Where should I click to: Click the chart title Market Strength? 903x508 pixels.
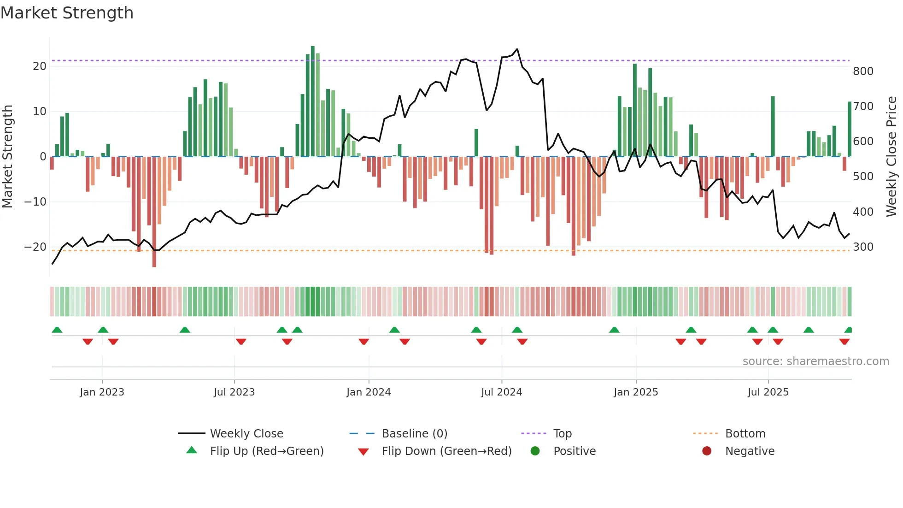tap(67, 13)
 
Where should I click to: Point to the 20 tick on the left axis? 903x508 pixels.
tap(40, 66)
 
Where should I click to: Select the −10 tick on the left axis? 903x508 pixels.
tap(35, 202)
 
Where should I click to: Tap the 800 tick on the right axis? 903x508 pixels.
tap(863, 71)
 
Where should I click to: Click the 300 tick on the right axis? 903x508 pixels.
tap(863, 247)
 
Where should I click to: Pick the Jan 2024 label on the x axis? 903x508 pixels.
tap(369, 392)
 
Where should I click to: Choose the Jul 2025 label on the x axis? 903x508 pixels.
tap(768, 392)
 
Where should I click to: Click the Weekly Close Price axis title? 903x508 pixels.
tap(891, 157)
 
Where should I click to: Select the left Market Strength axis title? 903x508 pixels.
tap(8, 157)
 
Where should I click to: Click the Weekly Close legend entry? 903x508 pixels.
tap(246, 434)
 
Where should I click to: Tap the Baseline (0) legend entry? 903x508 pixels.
tap(414, 434)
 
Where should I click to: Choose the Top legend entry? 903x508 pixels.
tap(562, 434)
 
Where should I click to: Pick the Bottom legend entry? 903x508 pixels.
tap(745, 434)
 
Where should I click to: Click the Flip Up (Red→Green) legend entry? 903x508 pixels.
tap(266, 451)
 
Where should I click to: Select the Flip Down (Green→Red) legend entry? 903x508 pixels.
tap(446, 451)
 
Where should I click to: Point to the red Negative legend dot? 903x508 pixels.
tap(707, 451)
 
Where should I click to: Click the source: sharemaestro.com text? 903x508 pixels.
tap(815, 361)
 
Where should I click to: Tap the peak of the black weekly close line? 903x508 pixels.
tap(517, 49)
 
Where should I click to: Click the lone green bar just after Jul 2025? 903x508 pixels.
tap(773, 126)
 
